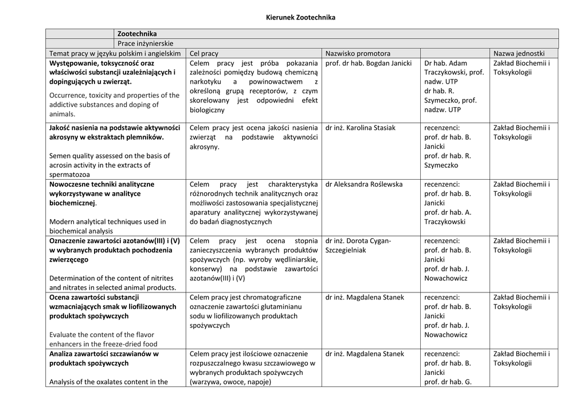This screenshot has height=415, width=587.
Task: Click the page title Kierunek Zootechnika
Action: click(301, 18)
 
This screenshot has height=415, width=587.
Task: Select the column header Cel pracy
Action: click(204, 53)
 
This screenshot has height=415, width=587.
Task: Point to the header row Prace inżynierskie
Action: click(146, 44)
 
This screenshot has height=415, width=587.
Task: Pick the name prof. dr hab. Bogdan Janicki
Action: click(368, 63)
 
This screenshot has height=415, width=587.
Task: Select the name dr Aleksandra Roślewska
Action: click(363, 184)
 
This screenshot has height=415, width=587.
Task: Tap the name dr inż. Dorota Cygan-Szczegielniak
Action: click(358, 246)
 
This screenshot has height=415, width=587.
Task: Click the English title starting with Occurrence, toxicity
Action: click(114, 105)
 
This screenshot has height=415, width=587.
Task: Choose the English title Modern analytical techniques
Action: click(107, 226)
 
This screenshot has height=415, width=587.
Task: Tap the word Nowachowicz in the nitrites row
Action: click(446, 278)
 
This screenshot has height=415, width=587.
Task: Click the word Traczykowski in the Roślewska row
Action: click(445, 222)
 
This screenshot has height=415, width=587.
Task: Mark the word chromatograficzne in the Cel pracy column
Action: click(272, 298)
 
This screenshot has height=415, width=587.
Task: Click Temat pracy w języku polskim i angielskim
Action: click(115, 53)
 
